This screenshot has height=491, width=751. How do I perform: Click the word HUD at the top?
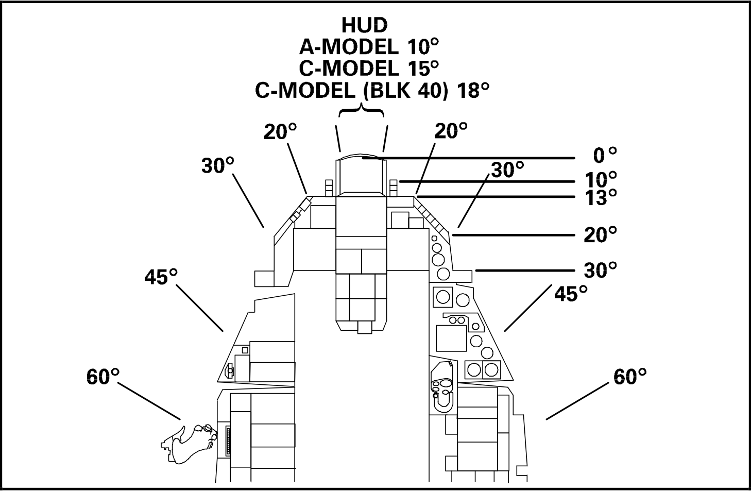click(365, 25)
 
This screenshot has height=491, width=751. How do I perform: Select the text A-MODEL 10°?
click(369, 46)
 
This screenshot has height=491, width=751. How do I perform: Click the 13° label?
click(601, 197)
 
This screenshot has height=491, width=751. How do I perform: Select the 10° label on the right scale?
click(601, 180)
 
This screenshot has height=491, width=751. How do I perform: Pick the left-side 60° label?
click(103, 377)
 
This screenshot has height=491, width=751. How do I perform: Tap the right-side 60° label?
click(630, 377)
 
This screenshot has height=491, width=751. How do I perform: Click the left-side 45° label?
click(161, 277)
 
